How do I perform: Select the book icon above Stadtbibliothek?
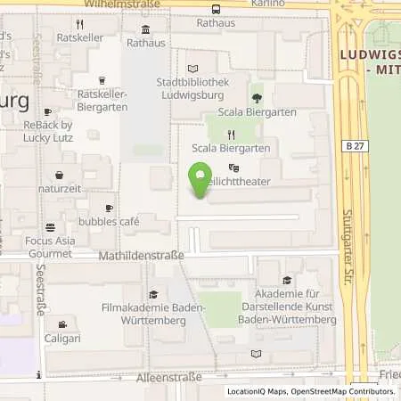[193, 68]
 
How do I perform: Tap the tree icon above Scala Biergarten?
[258, 98]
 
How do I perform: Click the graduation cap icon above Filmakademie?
[153, 294]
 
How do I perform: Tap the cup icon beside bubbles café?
[109, 208]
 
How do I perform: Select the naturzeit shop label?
[60, 189]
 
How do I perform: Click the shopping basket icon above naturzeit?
[60, 175]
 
